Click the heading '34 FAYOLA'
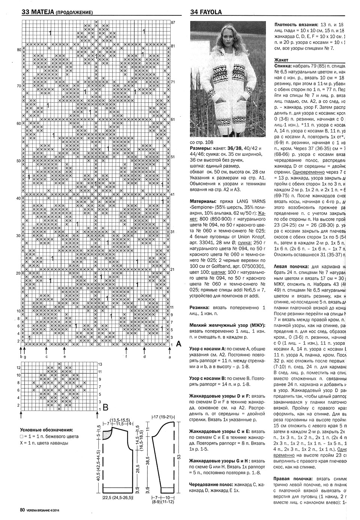pyautogui.click(x=206, y=12)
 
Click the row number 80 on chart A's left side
pyautogui.click(x=19, y=50)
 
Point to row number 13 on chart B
pyautogui.click(x=100, y=364)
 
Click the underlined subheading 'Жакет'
pyautogui.click(x=281, y=60)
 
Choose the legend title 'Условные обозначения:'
pyautogui.click(x=46, y=430)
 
